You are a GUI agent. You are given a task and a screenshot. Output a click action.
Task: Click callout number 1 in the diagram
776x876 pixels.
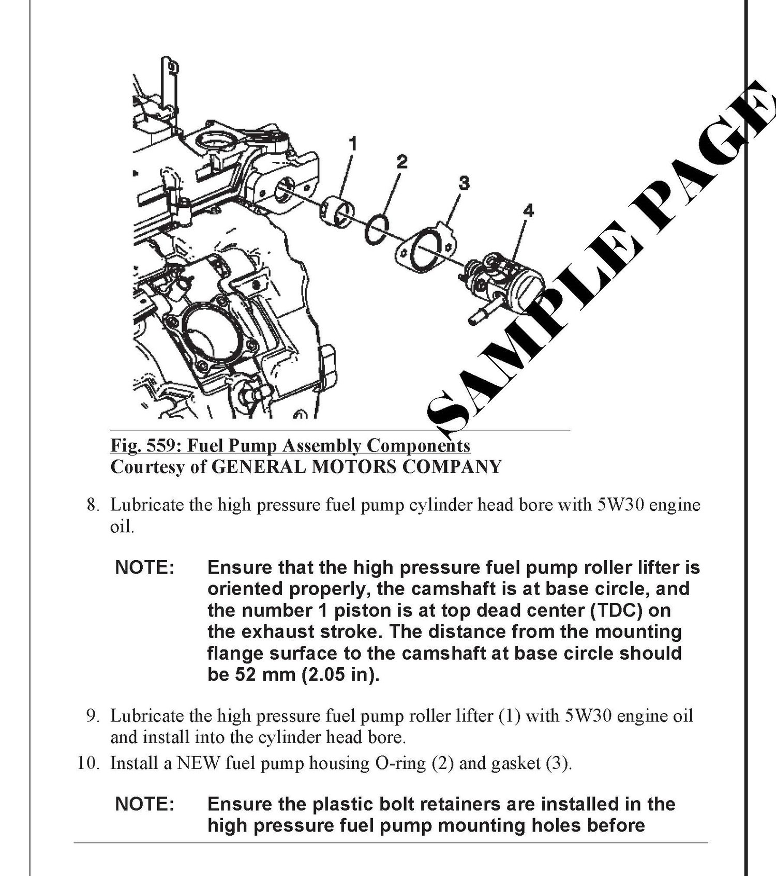(353, 143)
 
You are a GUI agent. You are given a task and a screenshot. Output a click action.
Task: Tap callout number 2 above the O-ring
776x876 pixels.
(402, 162)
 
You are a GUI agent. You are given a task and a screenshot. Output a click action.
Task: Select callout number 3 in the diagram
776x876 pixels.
(464, 183)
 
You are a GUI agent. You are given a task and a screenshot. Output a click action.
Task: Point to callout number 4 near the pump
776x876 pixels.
(528, 210)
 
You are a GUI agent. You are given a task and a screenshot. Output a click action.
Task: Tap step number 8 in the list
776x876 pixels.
(92, 505)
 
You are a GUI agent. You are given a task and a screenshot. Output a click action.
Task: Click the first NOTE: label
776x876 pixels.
(145, 567)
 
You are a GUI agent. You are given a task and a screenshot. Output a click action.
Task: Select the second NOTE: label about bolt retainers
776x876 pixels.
(145, 804)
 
